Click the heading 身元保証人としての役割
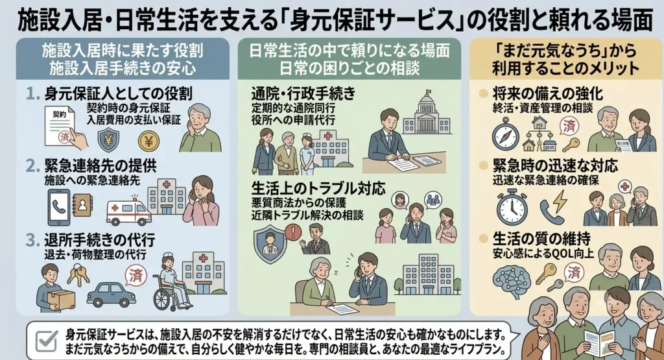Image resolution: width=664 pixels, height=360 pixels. pyautogui.click(x=118, y=93)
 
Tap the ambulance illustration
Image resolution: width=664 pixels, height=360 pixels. pyautogui.click(x=128, y=211)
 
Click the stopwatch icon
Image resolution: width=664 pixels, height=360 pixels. pyautogui.click(x=512, y=207)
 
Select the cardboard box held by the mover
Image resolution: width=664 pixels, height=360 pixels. pyautogui.click(x=60, y=300)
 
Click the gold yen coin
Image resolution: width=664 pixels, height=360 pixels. pyautogui.click(x=148, y=141)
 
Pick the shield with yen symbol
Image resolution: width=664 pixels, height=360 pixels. pyautogui.click(x=108, y=139)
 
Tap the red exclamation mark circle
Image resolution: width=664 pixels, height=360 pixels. pyautogui.click(x=293, y=232)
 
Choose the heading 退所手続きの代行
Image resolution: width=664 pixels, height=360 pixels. pyautogui.click(x=99, y=240)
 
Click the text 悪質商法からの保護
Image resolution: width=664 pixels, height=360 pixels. pyautogui.click(x=298, y=202)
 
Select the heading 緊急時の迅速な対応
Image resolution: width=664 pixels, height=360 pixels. pyautogui.click(x=555, y=166)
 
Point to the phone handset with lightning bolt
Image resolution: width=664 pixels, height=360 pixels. pyautogui.click(x=552, y=206)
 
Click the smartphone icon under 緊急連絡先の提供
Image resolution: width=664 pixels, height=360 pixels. pyautogui.click(x=58, y=207)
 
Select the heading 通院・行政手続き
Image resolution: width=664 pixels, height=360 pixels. pyautogui.click(x=303, y=93)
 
